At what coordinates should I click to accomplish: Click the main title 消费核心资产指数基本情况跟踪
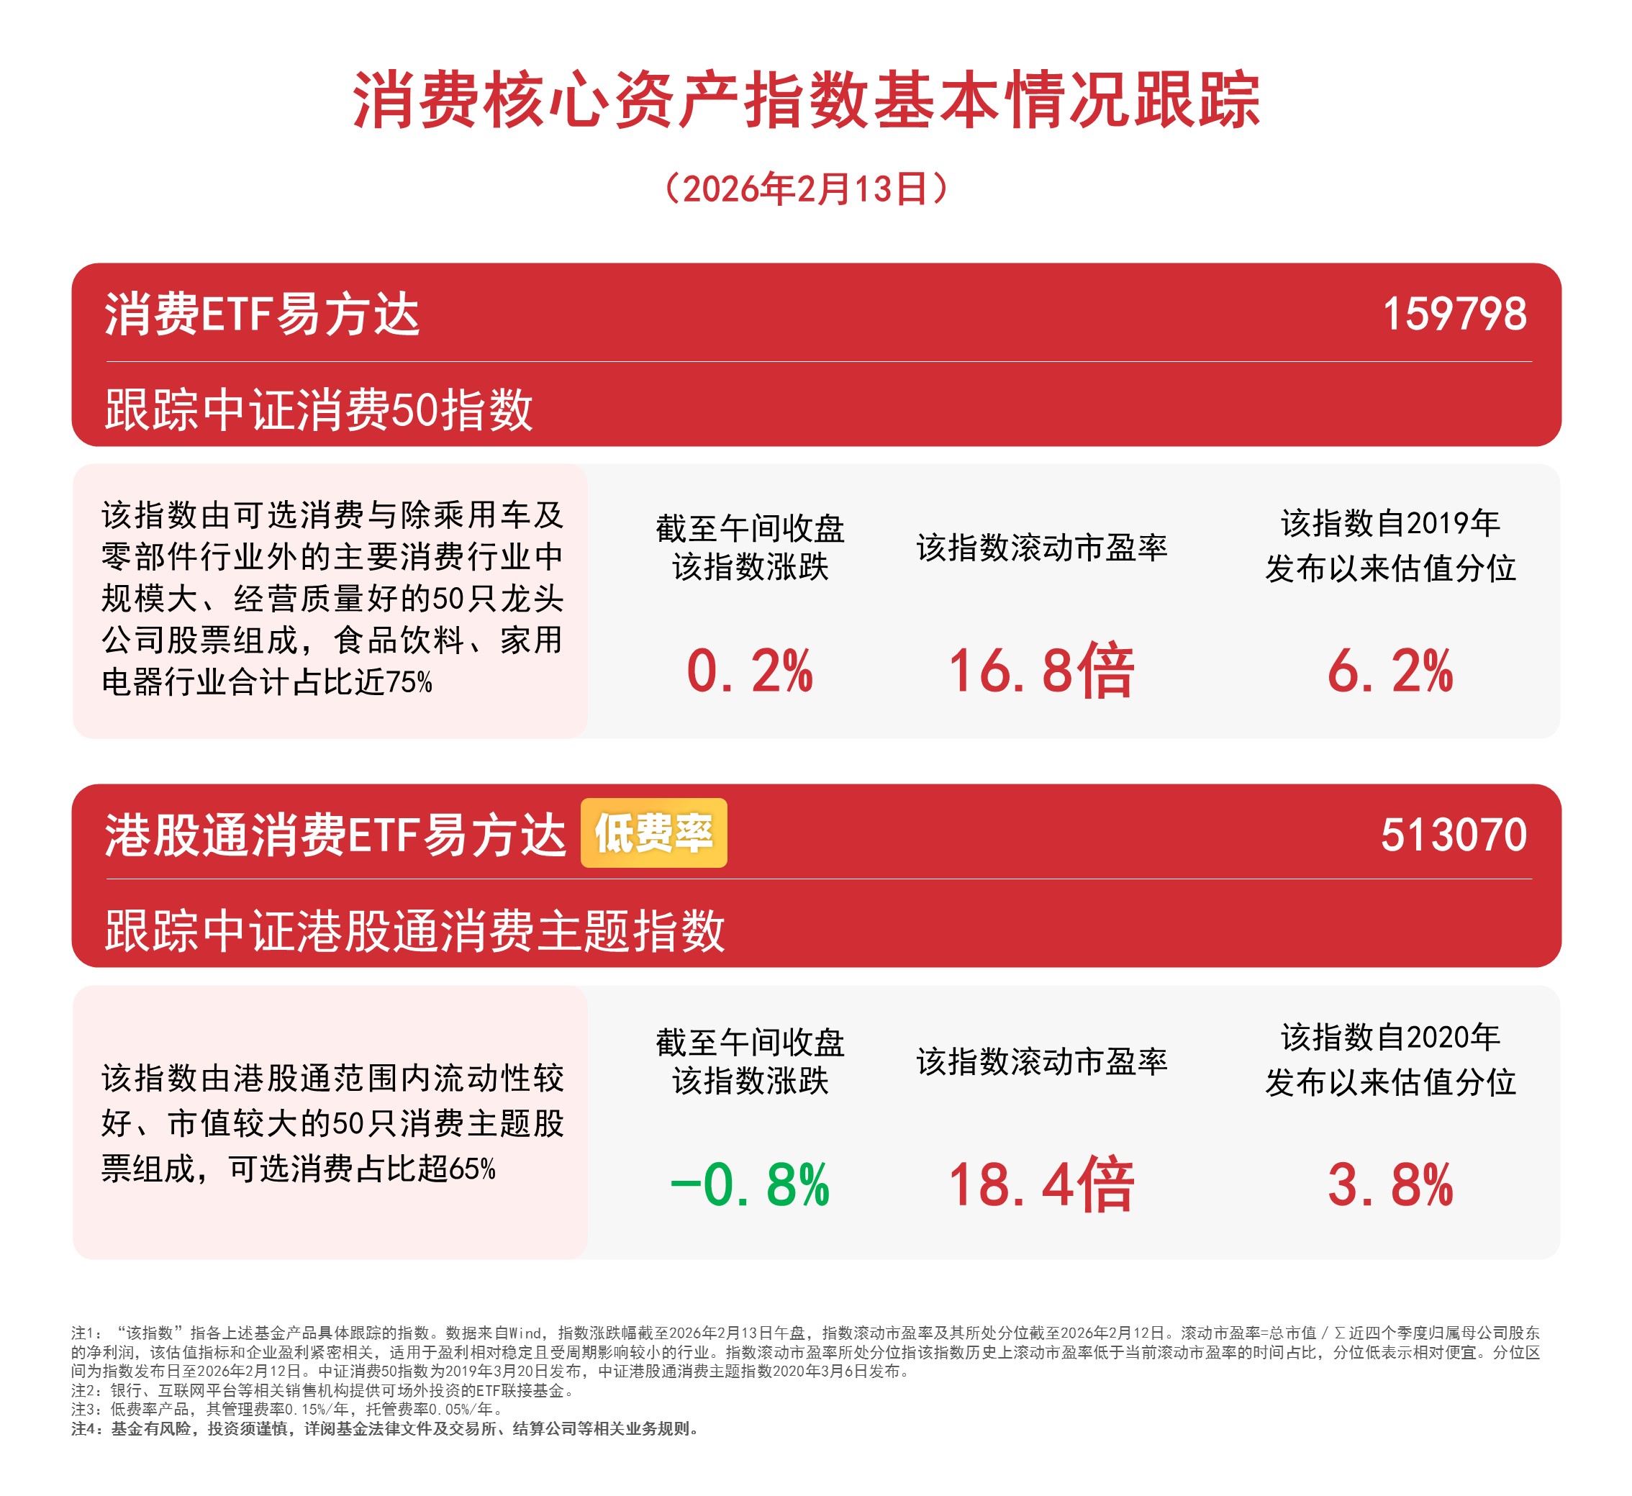(806, 101)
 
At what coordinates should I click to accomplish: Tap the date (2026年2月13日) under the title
(805, 189)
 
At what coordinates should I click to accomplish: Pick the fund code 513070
(1454, 835)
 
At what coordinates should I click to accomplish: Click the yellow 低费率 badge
(653, 833)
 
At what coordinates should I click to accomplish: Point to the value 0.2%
(750, 671)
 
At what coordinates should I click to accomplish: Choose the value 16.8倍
(1041, 671)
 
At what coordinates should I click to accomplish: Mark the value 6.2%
(1390, 671)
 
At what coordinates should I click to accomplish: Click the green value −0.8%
(750, 1185)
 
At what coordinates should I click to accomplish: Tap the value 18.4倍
(1041, 1185)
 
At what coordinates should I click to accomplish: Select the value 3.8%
(1390, 1185)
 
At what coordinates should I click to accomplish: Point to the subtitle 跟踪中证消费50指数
(319, 409)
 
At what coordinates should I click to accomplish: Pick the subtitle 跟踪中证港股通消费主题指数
(414, 930)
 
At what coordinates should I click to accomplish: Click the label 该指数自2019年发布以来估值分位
(1390, 545)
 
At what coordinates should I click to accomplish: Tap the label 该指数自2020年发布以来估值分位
(1390, 1060)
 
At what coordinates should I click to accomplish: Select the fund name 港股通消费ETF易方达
(335, 835)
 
